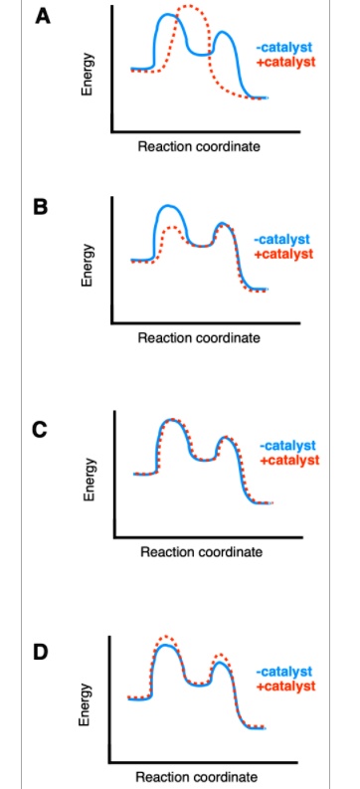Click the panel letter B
tap(41, 207)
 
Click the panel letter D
tap(41, 652)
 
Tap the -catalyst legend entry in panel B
tap(282, 240)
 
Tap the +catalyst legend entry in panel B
tap(282, 254)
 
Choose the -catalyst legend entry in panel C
tap(288, 446)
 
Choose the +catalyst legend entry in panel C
tap(288, 460)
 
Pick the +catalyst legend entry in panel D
tap(284, 687)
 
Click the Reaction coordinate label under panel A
tap(199, 146)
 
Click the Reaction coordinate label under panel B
tap(199, 338)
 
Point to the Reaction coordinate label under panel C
tap(202, 552)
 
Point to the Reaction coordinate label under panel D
tap(196, 776)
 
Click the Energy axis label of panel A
tap(88, 75)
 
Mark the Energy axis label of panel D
tap(86, 702)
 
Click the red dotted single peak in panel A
tap(186, 9)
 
